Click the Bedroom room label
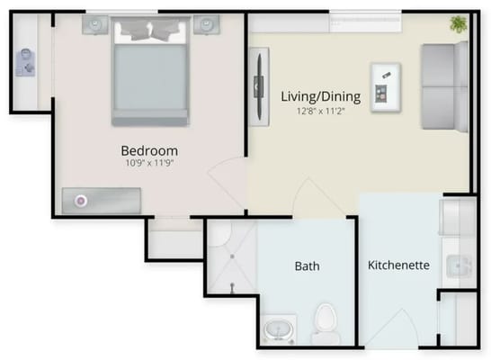pyautogui.click(x=149, y=150)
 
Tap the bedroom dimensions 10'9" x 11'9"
pyautogui.click(x=149, y=164)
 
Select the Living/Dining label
pyautogui.click(x=320, y=96)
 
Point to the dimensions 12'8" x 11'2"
pyautogui.click(x=320, y=111)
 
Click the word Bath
pyautogui.click(x=307, y=266)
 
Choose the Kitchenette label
pyautogui.click(x=398, y=266)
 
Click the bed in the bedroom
pyautogui.click(x=150, y=76)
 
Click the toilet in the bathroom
pyautogui.click(x=325, y=319)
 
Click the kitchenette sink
pyautogui.click(x=461, y=265)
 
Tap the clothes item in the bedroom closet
pyautogui.click(x=24, y=63)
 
